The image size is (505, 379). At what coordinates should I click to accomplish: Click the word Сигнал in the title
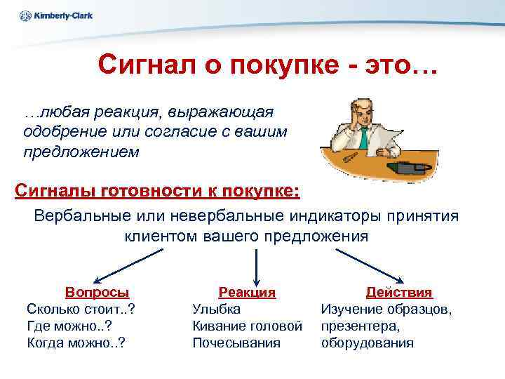coord(141,65)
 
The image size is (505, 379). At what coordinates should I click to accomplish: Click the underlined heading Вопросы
coord(97,292)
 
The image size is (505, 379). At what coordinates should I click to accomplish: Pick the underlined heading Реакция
coord(247,292)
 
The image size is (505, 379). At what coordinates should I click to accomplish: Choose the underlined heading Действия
coord(399,292)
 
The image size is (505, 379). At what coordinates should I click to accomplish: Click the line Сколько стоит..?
coord(81,309)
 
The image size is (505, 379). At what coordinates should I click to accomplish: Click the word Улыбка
coord(216,309)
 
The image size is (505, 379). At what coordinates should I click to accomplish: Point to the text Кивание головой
coord(247,326)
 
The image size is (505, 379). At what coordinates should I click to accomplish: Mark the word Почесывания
coord(236,343)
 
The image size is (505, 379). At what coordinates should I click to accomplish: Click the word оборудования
coord(367,343)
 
